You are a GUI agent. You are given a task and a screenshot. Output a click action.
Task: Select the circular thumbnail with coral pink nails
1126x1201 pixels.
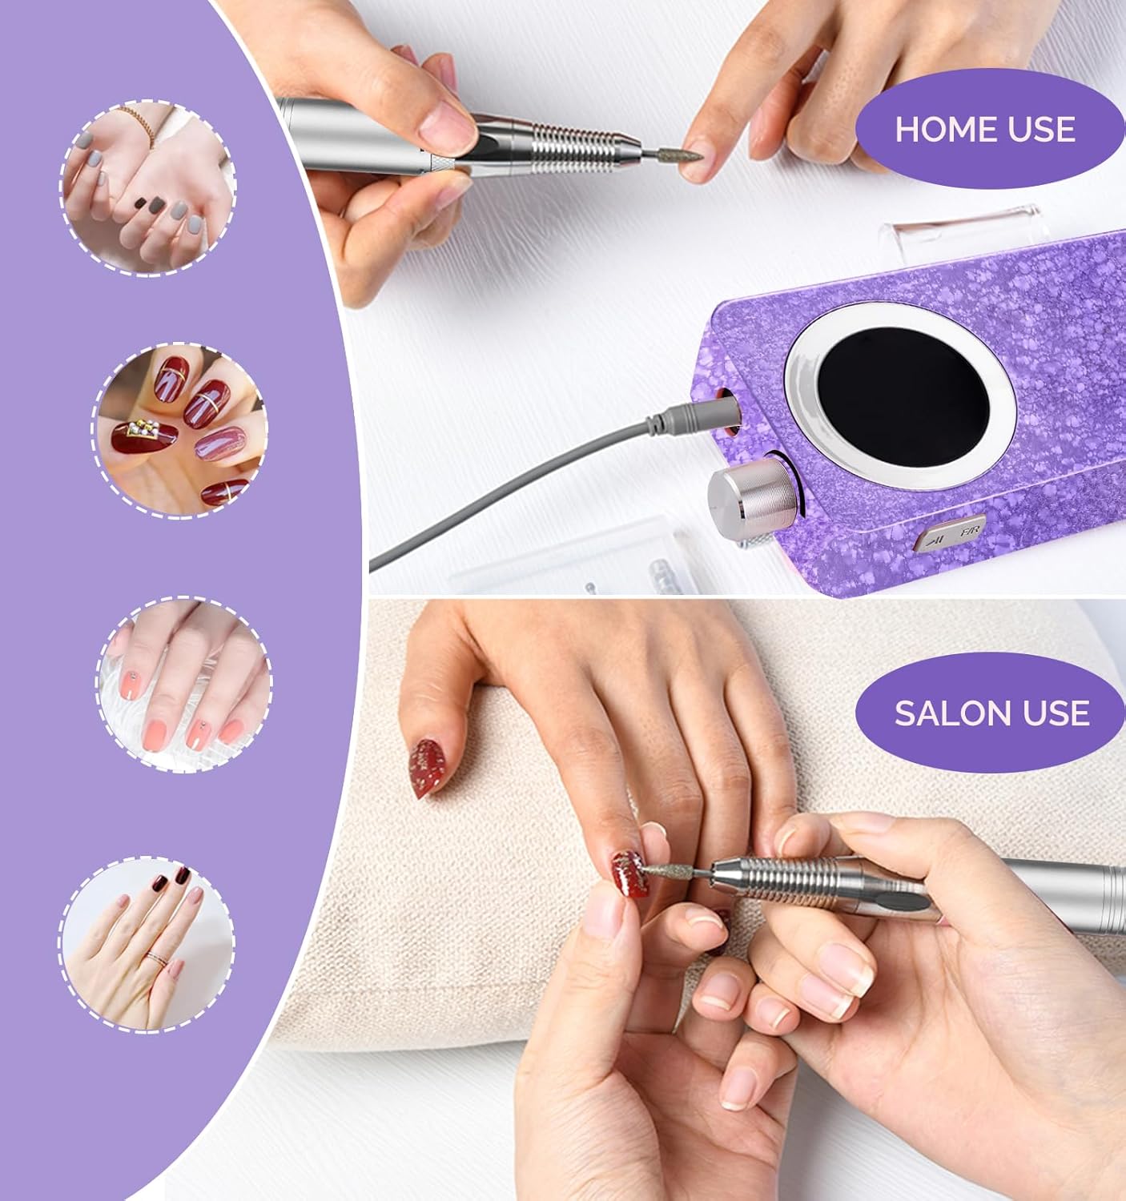(184, 684)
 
